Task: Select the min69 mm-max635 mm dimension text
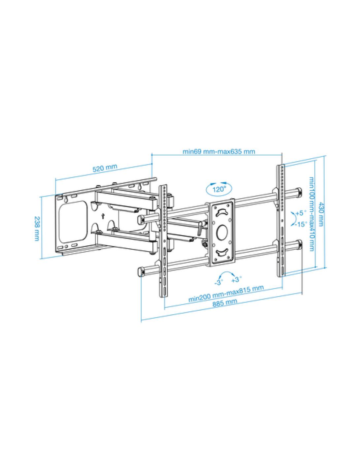tap(219, 152)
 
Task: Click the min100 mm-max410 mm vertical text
tap(311, 214)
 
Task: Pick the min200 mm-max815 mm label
tap(226, 293)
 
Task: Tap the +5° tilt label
tap(301, 213)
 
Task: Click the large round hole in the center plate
tap(221, 231)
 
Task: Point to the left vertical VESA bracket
tap(163, 241)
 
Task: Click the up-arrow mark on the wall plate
tap(103, 216)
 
